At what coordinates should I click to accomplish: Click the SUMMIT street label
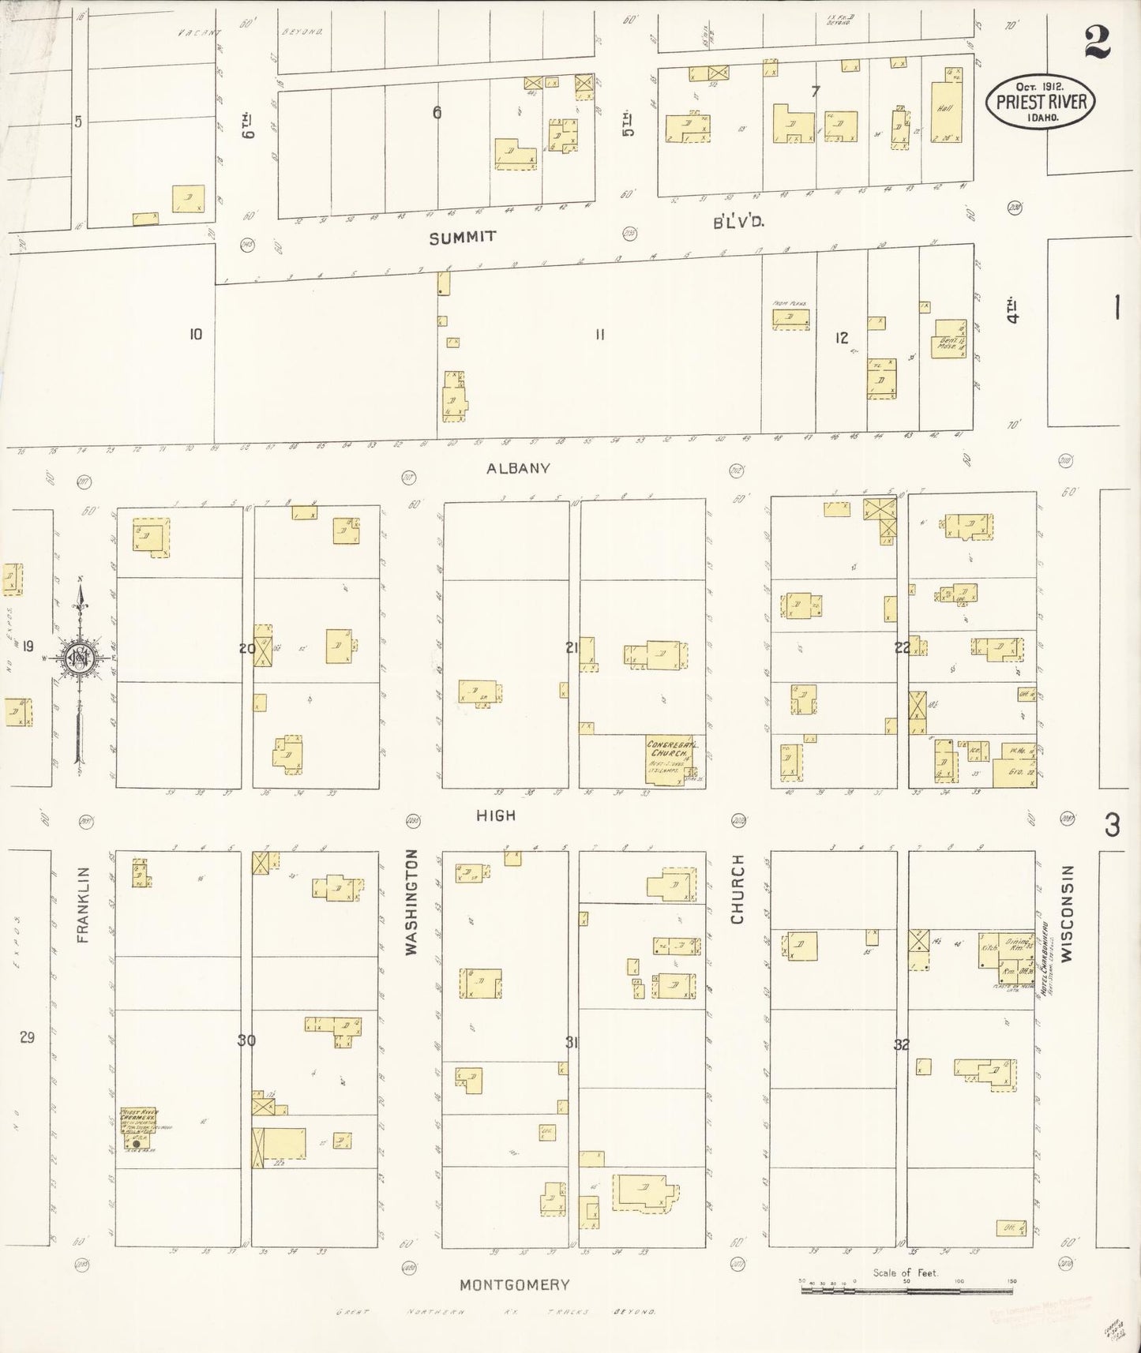pos(463,237)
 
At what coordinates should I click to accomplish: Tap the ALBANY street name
pos(518,468)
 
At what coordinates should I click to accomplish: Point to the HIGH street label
pos(496,815)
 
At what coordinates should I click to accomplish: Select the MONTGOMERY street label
pos(514,1284)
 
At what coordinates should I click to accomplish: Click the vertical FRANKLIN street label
pos(84,905)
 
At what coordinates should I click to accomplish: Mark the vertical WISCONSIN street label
pos(1068,913)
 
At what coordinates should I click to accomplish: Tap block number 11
pos(600,335)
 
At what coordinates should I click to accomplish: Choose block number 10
pos(195,334)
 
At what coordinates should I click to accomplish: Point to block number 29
pos(27,1037)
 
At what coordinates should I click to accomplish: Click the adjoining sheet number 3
pos(1113,825)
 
